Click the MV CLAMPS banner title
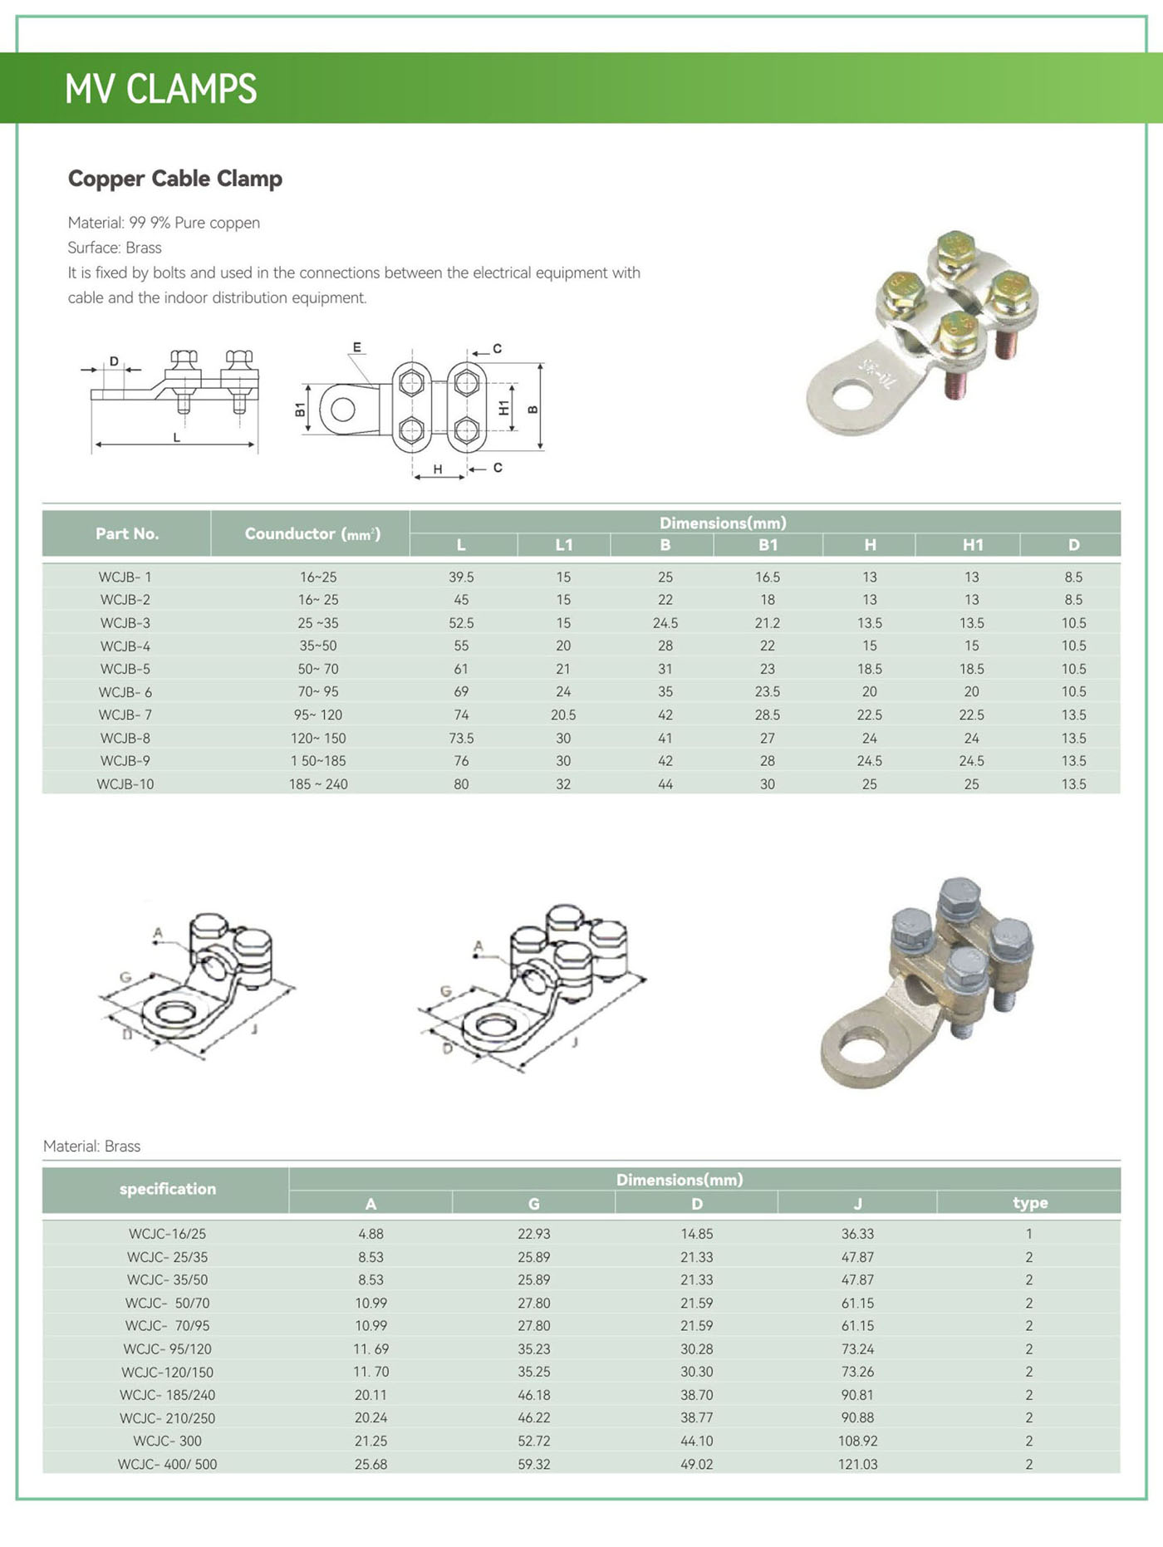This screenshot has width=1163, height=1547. point(160,88)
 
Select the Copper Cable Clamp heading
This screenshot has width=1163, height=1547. point(174,179)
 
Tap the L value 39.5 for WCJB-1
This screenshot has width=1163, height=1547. point(461,577)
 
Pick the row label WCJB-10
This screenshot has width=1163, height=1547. point(125,783)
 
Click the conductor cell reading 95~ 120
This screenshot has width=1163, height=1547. point(317,715)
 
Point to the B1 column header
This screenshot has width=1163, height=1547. point(768,545)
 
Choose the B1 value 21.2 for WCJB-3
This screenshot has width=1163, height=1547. point(768,622)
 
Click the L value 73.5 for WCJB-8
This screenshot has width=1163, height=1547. point(461,738)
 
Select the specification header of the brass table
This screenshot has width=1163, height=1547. point(167,1189)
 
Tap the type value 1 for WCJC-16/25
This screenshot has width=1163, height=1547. point(1028,1234)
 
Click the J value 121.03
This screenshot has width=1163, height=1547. point(857,1464)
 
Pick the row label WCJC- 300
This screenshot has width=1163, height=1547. point(167,1441)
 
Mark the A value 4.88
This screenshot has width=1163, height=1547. point(370,1234)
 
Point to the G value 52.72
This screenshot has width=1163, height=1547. point(533,1441)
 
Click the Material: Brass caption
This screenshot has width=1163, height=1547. point(91,1146)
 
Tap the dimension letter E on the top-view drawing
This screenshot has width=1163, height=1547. point(357,347)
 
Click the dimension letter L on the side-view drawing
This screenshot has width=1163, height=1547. point(176,437)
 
